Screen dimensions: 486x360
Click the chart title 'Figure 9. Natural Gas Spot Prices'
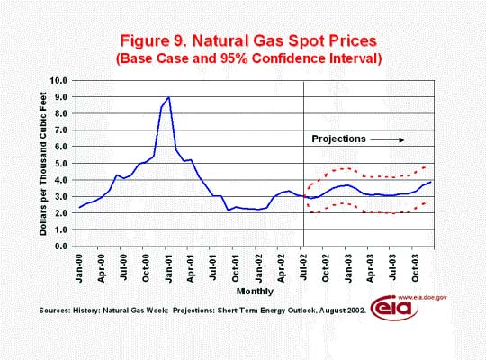click(x=248, y=40)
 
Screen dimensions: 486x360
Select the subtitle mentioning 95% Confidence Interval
click(x=249, y=58)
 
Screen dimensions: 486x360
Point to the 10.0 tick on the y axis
click(x=58, y=81)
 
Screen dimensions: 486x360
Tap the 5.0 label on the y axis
click(x=61, y=164)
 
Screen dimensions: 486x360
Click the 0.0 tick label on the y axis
click(x=61, y=247)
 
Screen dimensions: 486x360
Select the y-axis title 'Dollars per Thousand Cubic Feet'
click(x=43, y=164)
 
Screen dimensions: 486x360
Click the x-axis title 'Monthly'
click(x=255, y=292)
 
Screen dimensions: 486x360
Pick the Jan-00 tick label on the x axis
click(x=79, y=268)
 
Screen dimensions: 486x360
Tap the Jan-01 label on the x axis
click(x=169, y=268)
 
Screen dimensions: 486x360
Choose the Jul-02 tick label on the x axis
click(x=304, y=267)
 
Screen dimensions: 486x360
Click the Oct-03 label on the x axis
click(x=416, y=268)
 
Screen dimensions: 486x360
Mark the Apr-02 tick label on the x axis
click(x=281, y=268)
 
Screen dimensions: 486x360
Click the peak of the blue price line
click(x=168, y=97)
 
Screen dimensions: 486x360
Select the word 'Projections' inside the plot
click(x=338, y=139)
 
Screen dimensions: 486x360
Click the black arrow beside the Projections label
click(x=387, y=140)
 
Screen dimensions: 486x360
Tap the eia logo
click(x=394, y=308)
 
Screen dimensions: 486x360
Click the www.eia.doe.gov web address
click(x=422, y=297)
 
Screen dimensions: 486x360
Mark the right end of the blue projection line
click(x=430, y=182)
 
